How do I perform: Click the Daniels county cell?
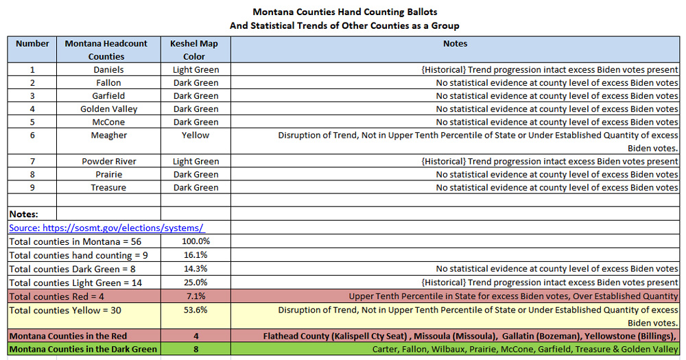(108, 69)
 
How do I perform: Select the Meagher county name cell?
(108, 135)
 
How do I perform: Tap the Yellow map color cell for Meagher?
(196, 135)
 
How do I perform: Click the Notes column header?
(455, 43)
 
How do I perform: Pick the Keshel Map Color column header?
(196, 49)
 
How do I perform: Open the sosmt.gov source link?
(106, 228)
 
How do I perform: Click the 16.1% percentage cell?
(196, 255)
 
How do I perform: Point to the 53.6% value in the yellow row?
(196, 310)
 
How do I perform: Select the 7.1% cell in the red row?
(196, 296)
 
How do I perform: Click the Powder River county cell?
(108, 161)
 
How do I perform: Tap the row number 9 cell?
(32, 187)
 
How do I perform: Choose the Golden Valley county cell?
(108, 108)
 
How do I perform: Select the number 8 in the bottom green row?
(196, 349)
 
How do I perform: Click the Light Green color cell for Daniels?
(196, 69)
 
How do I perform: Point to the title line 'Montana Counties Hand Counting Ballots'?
(344, 12)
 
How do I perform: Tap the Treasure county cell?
(108, 187)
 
